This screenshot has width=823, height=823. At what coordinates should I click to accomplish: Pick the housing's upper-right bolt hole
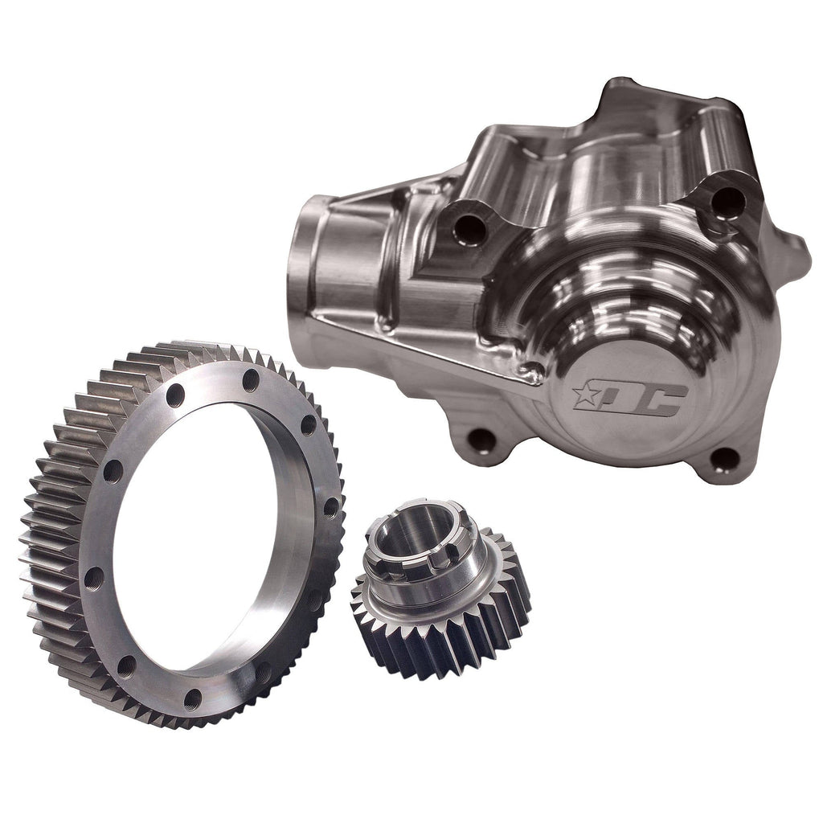click(725, 201)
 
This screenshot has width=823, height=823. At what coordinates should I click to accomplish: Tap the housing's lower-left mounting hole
click(481, 440)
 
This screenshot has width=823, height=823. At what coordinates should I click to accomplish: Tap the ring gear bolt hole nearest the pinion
click(330, 507)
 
